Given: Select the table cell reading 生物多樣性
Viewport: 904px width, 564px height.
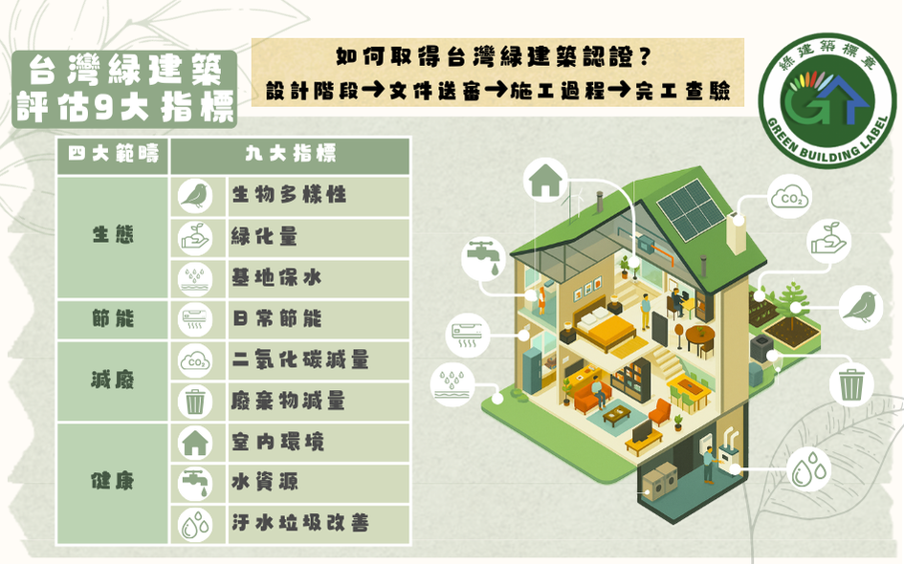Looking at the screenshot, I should [x=288, y=195].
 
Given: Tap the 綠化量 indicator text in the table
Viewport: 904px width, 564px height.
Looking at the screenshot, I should [x=264, y=237].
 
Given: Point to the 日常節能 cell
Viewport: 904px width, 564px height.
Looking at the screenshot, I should [x=276, y=319].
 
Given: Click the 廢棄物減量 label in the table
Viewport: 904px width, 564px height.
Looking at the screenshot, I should [x=288, y=401].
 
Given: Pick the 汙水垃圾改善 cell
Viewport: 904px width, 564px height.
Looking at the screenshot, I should [x=300, y=524].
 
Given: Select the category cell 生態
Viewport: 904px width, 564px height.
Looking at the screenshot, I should [x=113, y=236].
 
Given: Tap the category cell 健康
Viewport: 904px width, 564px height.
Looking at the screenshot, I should [x=113, y=482].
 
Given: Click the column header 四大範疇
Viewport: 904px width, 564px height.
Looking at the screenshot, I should [x=113, y=155].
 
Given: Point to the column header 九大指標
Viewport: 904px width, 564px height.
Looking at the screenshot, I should [x=290, y=155].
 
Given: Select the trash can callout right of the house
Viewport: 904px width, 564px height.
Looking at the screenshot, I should [x=850, y=384].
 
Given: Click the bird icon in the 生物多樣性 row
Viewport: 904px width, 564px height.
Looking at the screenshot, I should [x=196, y=195].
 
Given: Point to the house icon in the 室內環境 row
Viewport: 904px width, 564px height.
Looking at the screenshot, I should [x=196, y=442].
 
